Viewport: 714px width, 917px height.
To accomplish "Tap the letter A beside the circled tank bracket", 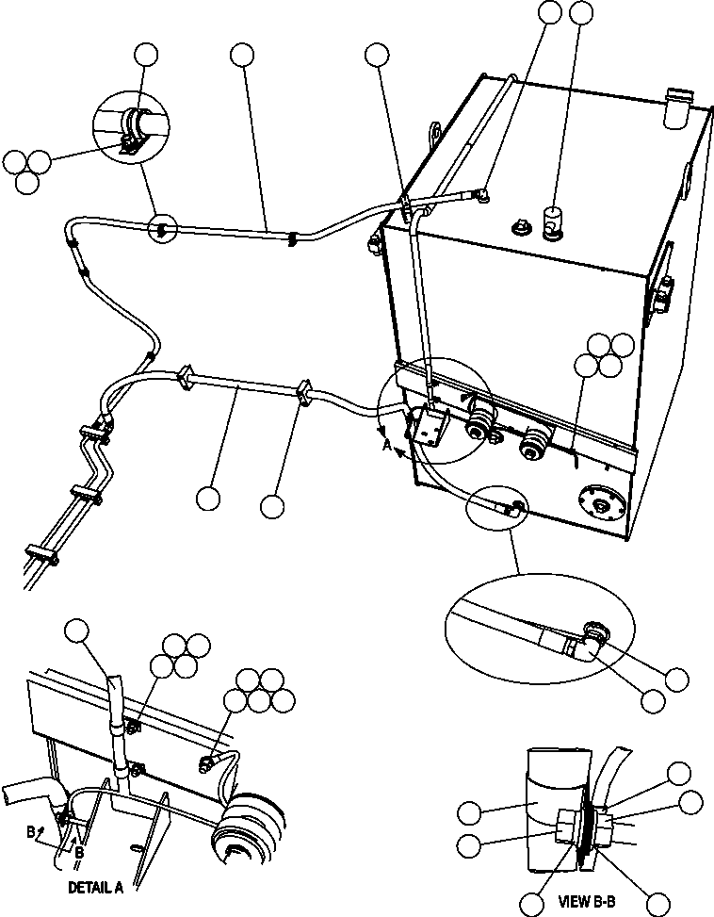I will click(x=387, y=448).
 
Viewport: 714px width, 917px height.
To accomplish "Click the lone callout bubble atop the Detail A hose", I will click(x=76, y=631).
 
